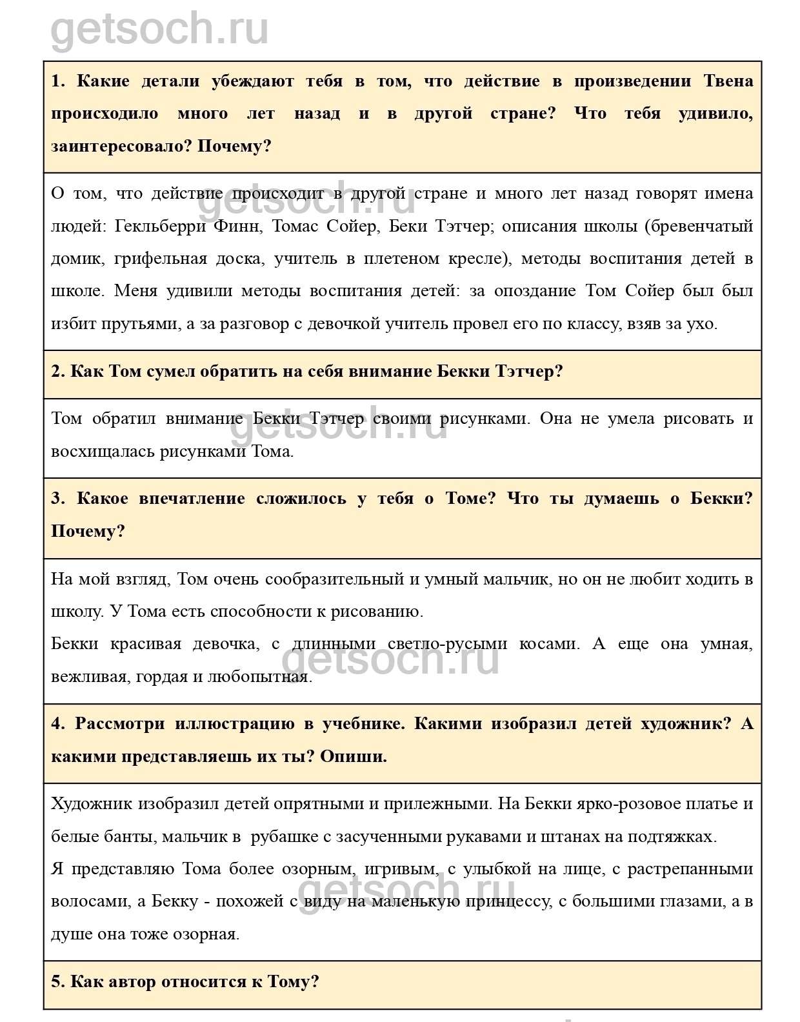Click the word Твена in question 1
point(728,81)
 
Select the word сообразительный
point(341,579)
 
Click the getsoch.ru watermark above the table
point(159,29)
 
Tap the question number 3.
point(58,499)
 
